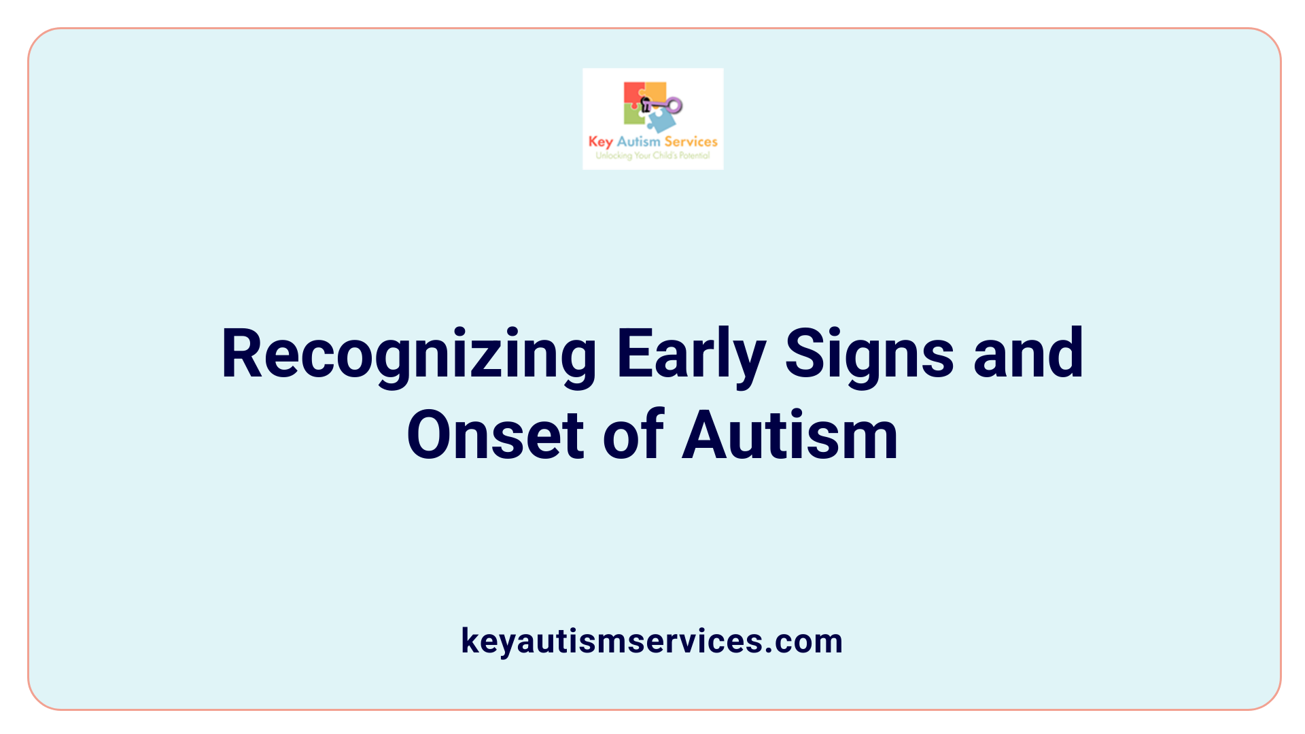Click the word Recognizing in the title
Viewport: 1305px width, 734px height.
pos(408,355)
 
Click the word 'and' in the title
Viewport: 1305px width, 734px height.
pos(1028,355)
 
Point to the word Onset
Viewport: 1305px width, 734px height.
pos(495,436)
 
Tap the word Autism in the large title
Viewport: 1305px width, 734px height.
pos(790,436)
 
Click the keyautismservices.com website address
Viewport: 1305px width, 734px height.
pos(652,641)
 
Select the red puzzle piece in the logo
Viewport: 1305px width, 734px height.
pos(633,93)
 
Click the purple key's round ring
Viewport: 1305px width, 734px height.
pos(674,105)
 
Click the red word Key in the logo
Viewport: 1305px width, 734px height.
pos(601,142)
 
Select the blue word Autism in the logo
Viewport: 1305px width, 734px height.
pos(638,141)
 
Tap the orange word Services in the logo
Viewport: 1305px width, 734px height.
pos(691,141)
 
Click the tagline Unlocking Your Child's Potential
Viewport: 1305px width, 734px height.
pos(652,156)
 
